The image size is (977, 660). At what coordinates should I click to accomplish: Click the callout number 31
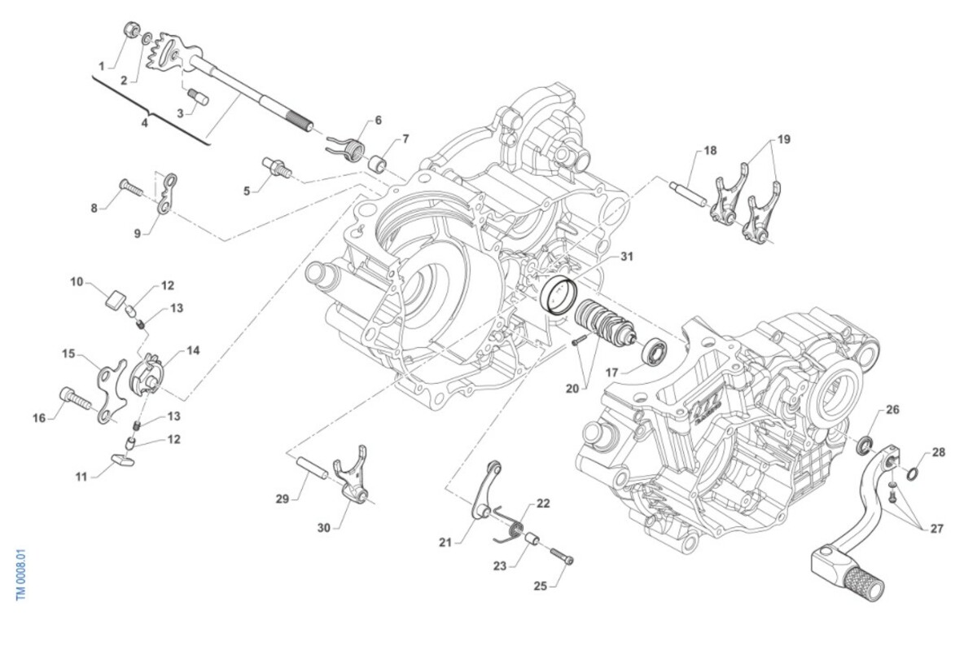click(x=626, y=257)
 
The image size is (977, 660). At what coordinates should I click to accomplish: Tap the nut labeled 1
click(x=129, y=31)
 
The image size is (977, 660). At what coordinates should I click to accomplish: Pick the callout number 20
click(x=572, y=389)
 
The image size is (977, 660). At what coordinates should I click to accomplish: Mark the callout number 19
click(x=783, y=140)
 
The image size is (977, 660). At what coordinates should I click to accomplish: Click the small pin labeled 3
click(x=198, y=99)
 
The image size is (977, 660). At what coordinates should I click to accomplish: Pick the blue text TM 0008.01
click(x=22, y=574)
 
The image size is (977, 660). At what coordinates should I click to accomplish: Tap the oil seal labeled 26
click(x=864, y=445)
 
